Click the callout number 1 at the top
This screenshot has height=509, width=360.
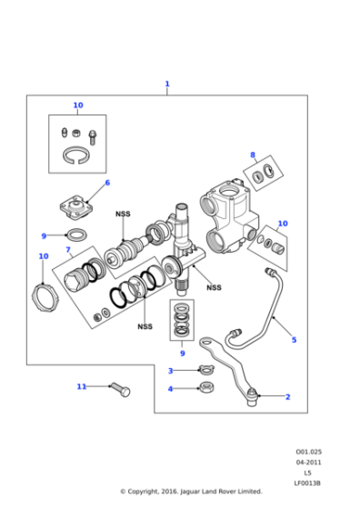167,85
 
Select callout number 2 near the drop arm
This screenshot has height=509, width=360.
288,396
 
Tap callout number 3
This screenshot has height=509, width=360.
170,370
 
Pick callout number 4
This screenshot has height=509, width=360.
170,389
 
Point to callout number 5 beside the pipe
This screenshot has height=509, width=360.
294,340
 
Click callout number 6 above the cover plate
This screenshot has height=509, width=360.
107,183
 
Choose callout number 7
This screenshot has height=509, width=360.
67,249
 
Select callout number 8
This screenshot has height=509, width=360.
253,155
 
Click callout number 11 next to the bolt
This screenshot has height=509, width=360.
81,386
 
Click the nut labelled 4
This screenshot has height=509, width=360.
206,388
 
